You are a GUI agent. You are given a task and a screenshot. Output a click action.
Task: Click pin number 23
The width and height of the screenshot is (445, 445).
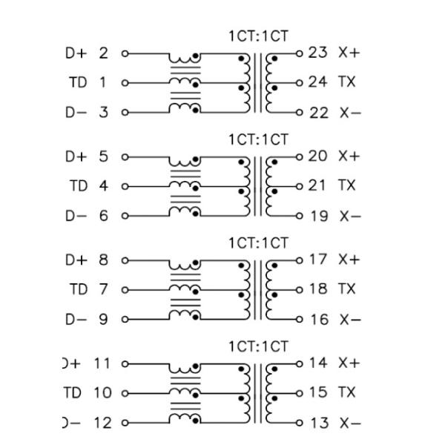(317, 53)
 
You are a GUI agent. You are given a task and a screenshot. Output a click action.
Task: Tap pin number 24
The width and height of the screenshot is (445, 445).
(317, 82)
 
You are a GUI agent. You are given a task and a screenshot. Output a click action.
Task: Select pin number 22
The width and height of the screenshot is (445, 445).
(317, 112)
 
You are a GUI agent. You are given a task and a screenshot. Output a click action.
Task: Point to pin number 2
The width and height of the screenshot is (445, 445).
(103, 53)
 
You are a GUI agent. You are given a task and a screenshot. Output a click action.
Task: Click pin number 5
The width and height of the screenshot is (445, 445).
(103, 156)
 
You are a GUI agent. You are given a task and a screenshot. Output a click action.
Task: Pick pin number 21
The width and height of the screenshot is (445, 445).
(317, 185)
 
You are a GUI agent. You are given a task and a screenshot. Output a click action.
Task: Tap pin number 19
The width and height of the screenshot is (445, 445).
(317, 216)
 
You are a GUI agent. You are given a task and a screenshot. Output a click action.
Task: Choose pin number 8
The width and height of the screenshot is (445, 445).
(103, 260)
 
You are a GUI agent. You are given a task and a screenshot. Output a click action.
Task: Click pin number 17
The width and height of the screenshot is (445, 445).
(317, 260)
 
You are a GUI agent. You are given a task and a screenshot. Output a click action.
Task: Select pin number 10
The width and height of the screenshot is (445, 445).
(100, 392)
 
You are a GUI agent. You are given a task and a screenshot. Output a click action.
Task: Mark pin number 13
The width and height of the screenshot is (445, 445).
(317, 423)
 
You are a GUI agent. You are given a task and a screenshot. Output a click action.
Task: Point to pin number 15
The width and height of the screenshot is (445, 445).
(317, 392)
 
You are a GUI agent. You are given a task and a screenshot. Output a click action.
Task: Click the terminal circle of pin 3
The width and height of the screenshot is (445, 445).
(125, 112)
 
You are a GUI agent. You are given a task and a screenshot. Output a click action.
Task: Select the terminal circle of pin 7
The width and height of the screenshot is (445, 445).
(125, 289)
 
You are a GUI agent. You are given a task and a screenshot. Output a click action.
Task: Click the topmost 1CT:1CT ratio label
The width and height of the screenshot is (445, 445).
(258, 36)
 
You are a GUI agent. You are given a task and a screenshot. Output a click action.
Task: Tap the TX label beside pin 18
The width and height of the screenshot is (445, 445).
(346, 289)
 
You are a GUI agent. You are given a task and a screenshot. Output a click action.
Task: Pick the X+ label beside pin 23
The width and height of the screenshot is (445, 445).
(349, 53)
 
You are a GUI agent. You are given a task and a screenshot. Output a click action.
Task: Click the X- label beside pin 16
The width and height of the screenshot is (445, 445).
(349, 320)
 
